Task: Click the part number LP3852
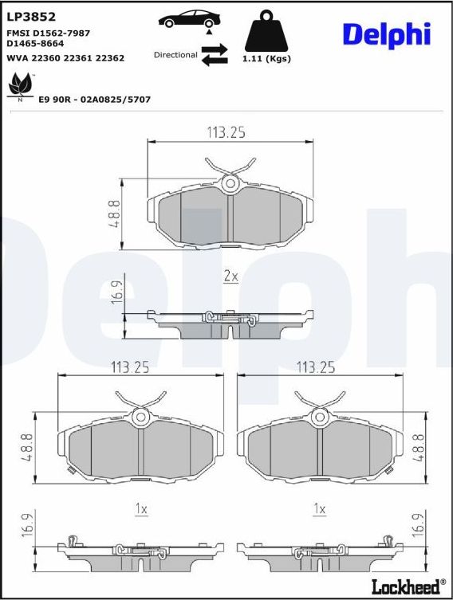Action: click(x=26, y=16)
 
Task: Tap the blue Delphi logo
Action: click(x=386, y=34)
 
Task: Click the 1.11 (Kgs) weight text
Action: click(x=266, y=59)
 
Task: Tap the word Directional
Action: click(x=175, y=55)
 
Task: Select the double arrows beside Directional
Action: click(x=214, y=55)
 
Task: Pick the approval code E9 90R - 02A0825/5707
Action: click(x=94, y=100)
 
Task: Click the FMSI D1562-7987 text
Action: click(x=48, y=33)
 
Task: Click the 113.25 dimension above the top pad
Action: click(x=227, y=133)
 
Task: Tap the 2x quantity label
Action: click(x=230, y=276)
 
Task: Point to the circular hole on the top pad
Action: click(x=230, y=184)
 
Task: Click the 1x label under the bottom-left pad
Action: click(x=141, y=508)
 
